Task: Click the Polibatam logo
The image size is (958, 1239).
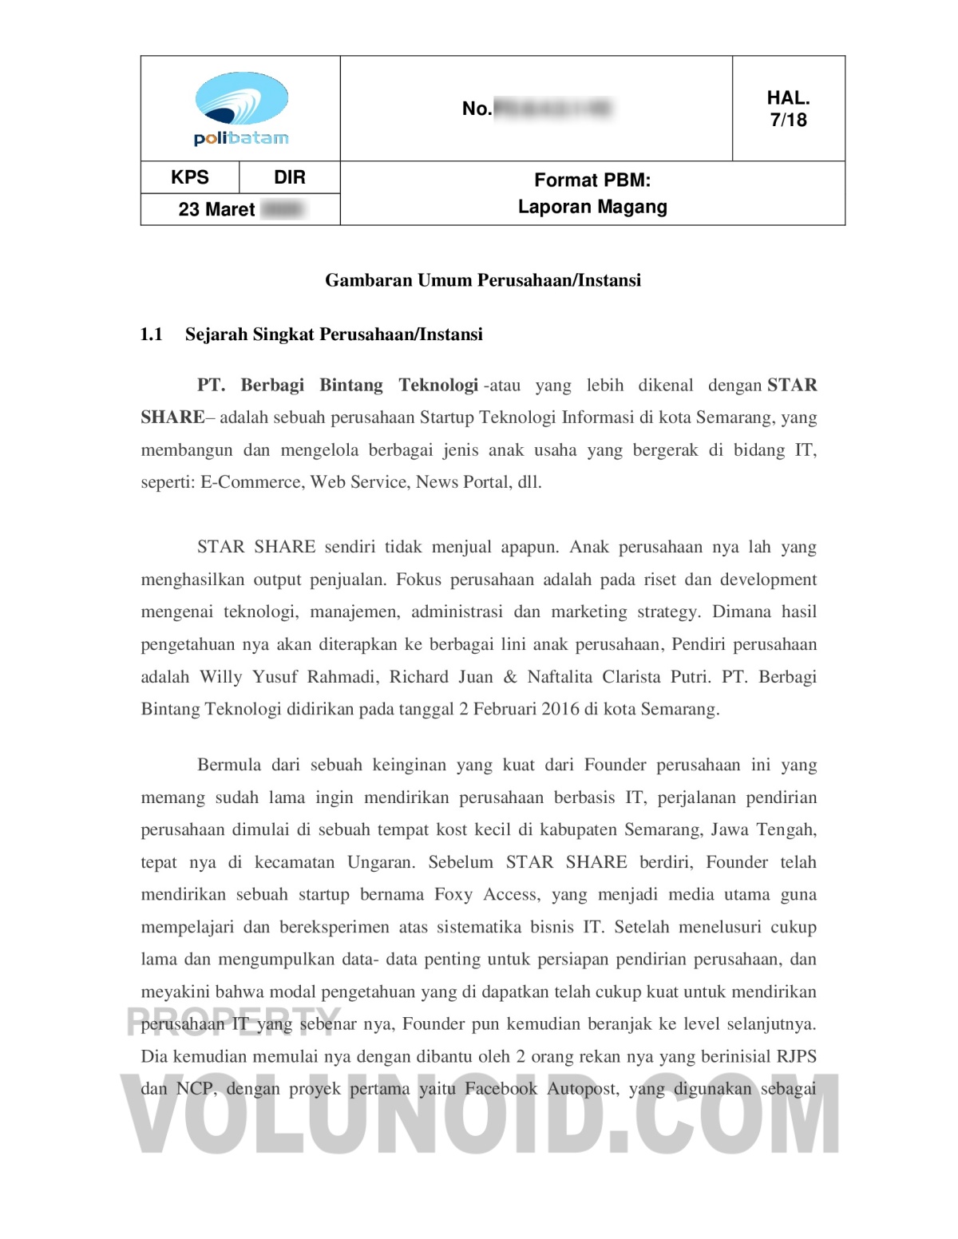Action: click(241, 109)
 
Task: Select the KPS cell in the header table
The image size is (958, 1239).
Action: click(190, 177)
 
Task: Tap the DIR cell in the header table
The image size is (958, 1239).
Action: click(290, 177)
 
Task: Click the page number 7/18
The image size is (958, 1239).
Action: click(788, 121)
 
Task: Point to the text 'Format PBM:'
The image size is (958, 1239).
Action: click(592, 180)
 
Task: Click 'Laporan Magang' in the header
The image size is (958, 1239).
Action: click(592, 207)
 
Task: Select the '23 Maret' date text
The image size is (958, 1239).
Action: click(216, 209)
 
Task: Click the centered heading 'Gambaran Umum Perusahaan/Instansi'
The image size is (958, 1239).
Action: click(483, 280)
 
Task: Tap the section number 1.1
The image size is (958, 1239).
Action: click(152, 334)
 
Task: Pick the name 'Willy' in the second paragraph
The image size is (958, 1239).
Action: click(221, 677)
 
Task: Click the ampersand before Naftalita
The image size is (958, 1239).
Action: click(510, 677)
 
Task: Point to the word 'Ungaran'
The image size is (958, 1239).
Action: click(381, 862)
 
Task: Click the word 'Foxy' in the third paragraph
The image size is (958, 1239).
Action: click(453, 894)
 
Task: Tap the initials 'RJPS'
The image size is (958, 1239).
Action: click(796, 1056)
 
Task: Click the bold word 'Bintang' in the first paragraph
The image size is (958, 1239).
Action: click(351, 385)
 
